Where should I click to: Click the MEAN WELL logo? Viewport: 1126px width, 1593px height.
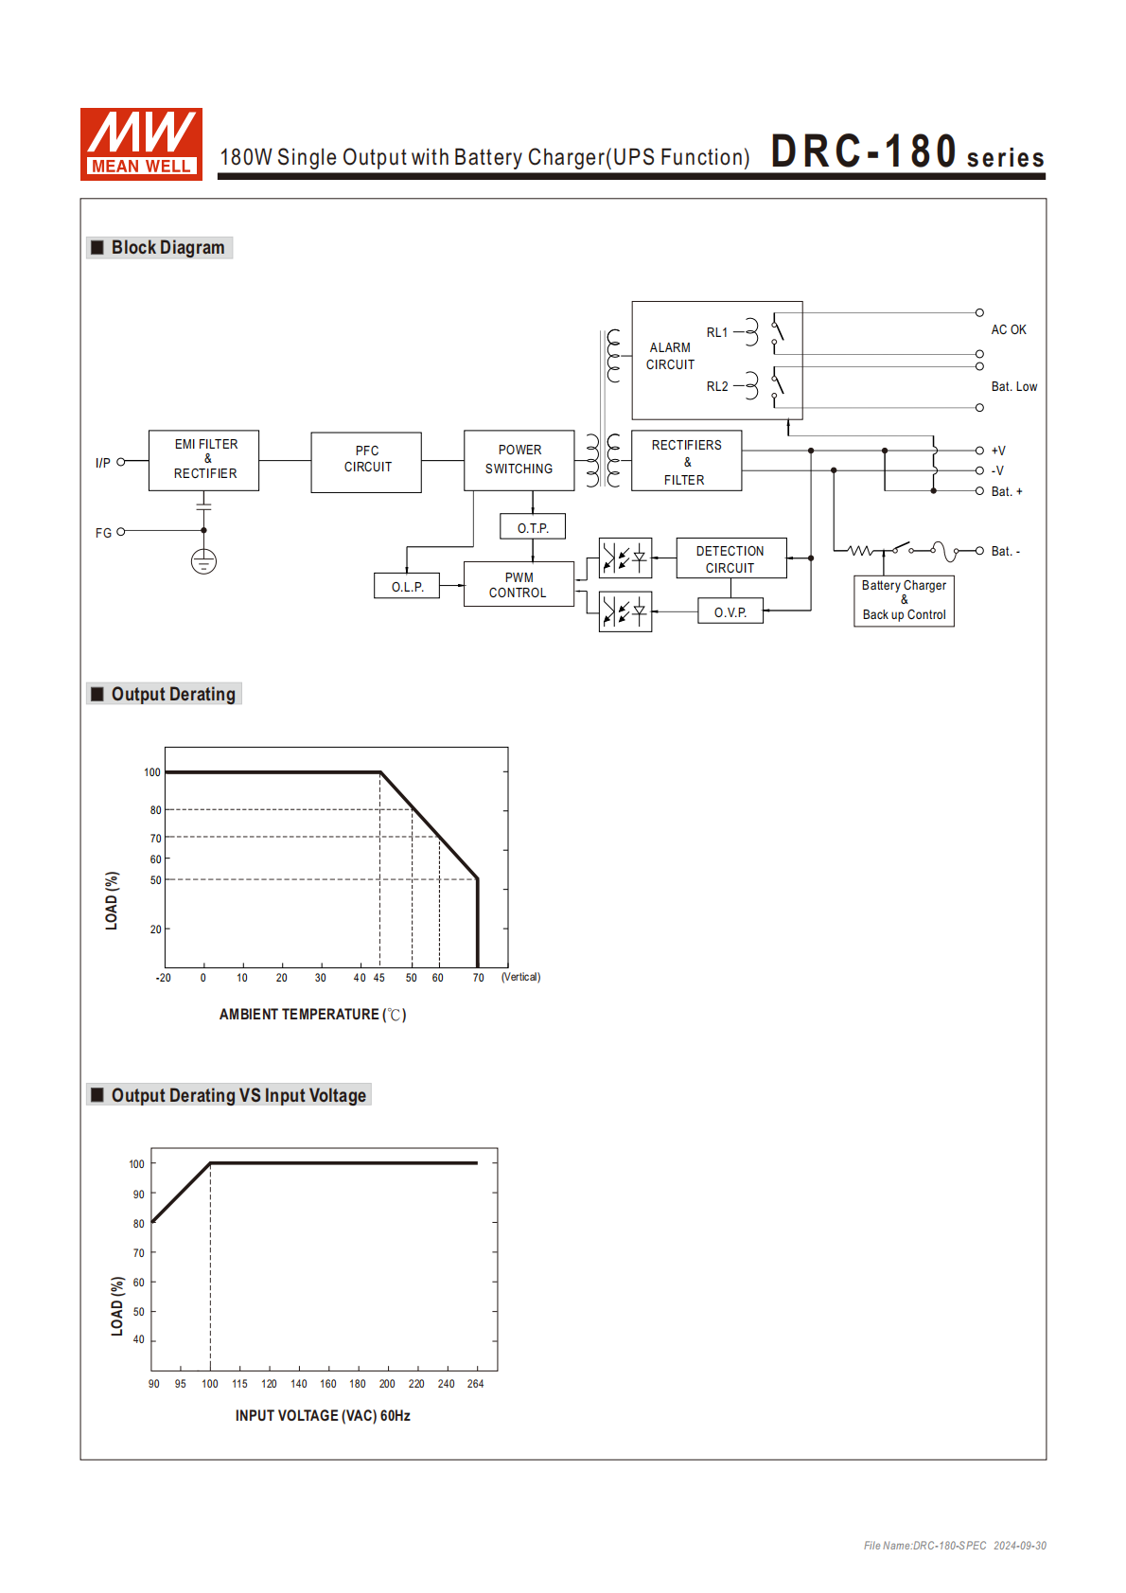point(141,144)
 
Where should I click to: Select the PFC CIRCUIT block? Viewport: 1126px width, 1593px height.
point(366,462)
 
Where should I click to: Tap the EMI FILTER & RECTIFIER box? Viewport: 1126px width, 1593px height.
point(203,460)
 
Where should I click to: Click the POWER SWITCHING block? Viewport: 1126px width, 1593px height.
point(519,460)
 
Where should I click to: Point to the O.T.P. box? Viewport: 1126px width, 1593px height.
point(533,527)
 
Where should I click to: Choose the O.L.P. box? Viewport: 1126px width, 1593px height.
point(407,586)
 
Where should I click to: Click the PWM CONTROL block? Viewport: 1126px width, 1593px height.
point(519,584)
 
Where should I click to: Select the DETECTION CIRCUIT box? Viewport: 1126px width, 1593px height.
point(730,558)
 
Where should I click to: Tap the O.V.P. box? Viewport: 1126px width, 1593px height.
point(730,611)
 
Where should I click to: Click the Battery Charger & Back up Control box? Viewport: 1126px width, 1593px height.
point(904,600)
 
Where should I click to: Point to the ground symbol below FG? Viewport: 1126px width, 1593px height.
point(203,562)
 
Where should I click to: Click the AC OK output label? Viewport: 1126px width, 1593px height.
point(1009,329)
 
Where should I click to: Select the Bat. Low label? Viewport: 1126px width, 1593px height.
point(1013,386)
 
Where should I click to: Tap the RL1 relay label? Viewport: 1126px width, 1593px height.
point(717,332)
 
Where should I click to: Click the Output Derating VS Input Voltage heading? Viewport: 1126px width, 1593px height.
point(238,1095)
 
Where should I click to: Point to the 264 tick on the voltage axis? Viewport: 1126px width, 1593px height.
point(475,1384)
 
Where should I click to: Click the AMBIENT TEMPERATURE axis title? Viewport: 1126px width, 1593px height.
point(312,1015)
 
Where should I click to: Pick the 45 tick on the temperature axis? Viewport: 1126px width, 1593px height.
point(379,978)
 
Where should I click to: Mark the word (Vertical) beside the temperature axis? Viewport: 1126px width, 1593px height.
point(520,977)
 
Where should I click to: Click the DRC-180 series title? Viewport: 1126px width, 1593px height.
point(906,152)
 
